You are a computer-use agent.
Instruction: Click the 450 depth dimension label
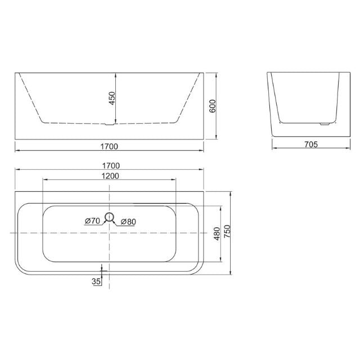(x=111, y=99)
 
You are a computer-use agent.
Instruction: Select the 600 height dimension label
(x=213, y=105)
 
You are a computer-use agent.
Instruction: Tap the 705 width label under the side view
(x=310, y=144)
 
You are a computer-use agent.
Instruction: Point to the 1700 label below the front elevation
(x=110, y=146)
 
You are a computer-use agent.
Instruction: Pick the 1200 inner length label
(x=110, y=176)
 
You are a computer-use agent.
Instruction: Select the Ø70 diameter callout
(x=92, y=221)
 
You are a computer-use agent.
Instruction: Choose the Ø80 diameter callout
(x=128, y=221)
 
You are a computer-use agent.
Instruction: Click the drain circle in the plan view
(x=110, y=215)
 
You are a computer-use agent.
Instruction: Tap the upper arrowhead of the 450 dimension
(x=115, y=75)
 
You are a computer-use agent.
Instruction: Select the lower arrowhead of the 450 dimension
(x=115, y=121)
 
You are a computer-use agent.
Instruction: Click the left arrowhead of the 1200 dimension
(x=45, y=180)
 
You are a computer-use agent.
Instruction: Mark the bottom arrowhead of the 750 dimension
(x=231, y=274)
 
